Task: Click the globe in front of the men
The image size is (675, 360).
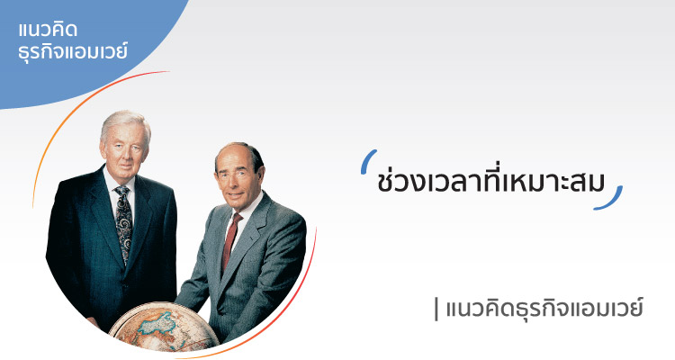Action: (x=164, y=328)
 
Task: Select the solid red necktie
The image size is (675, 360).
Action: (x=231, y=239)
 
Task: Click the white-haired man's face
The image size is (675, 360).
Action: (x=125, y=148)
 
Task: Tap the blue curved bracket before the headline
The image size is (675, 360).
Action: (x=368, y=161)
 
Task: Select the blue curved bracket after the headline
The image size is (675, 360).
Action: (x=610, y=199)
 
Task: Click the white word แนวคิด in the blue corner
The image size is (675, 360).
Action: (x=49, y=30)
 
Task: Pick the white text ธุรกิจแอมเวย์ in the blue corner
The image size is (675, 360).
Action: (x=73, y=51)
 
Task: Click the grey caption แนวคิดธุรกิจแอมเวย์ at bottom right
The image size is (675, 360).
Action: (x=544, y=309)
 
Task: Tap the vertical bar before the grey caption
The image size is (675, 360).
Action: (x=436, y=310)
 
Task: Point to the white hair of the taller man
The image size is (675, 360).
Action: (x=126, y=122)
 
